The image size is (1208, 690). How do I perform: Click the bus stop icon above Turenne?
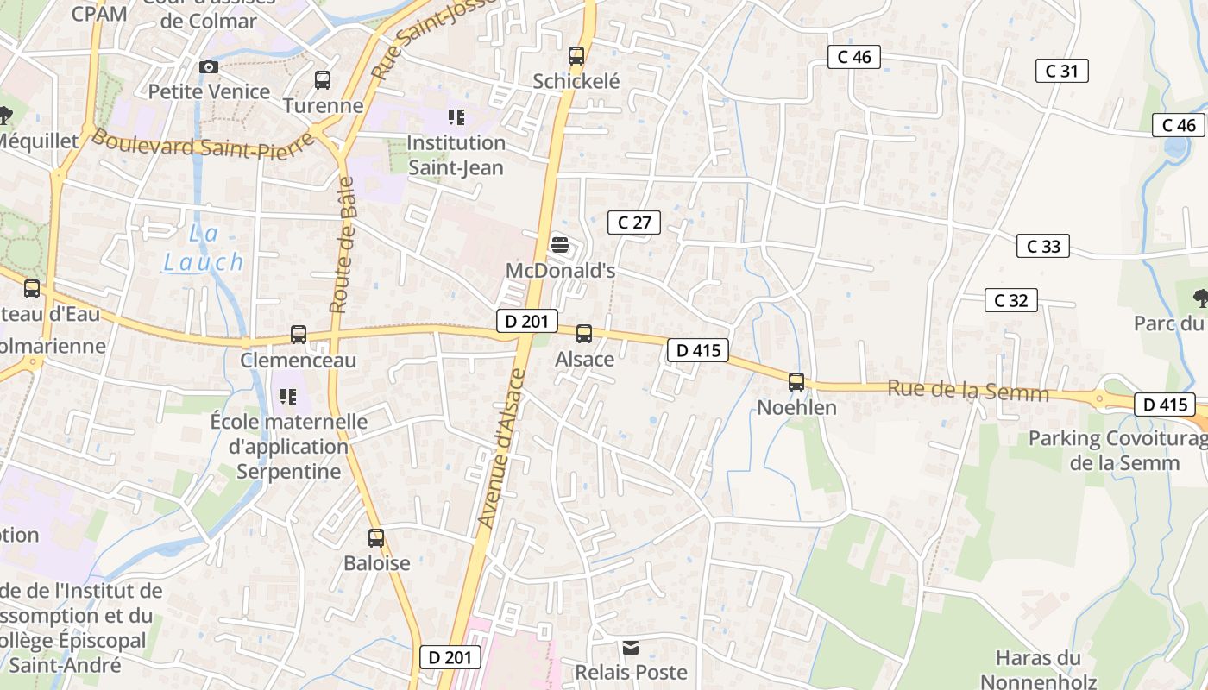point(323,80)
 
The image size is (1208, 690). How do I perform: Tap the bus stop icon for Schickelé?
point(576,56)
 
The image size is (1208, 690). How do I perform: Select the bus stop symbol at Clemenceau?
point(299,335)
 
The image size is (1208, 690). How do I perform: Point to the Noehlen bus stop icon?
point(796,381)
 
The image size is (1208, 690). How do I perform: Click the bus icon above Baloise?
point(376,538)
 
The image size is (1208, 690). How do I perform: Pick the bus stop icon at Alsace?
point(584,334)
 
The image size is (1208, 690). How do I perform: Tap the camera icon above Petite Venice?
point(209,66)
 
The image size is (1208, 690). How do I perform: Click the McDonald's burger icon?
point(560,245)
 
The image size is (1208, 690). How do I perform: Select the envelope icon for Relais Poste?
point(632,647)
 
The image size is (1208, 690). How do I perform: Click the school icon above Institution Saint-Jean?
point(456,117)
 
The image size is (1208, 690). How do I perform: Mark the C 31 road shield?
point(1061,71)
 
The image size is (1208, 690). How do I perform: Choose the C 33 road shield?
point(1042,246)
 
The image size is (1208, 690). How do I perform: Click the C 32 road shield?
point(1010,300)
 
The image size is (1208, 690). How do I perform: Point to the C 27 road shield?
point(634,223)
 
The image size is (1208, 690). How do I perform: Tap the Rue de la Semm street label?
point(968,391)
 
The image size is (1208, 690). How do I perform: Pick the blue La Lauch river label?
point(204,248)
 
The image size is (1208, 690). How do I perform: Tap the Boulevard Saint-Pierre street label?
point(204,144)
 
